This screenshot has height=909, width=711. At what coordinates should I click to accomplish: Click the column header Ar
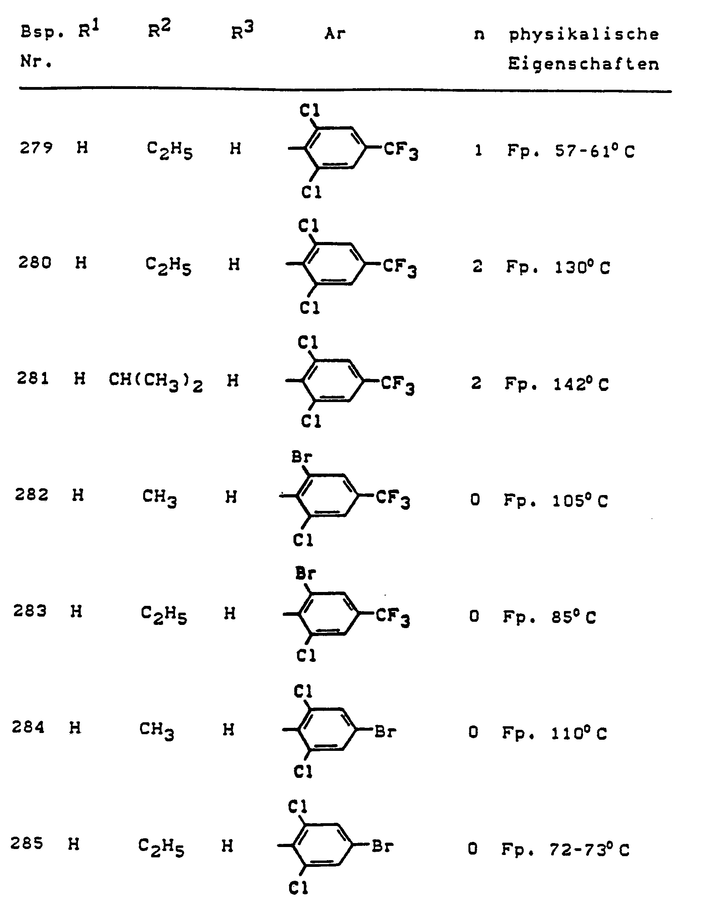[335, 33]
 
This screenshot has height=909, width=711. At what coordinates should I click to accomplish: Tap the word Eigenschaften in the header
[583, 64]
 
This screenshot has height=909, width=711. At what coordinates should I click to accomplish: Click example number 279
[36, 148]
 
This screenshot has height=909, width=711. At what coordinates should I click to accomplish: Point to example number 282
[32, 495]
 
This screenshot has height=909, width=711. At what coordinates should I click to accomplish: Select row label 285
[27, 843]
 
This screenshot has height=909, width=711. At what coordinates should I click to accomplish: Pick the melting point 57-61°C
[594, 151]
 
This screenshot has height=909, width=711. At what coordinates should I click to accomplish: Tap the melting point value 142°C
[581, 384]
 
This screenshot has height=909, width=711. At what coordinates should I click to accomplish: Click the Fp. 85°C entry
[550, 617]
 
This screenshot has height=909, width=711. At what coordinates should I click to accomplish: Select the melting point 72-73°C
[589, 849]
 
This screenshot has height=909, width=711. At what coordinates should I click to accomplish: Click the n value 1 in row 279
[478, 150]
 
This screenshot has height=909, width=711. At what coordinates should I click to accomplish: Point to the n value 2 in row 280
[477, 266]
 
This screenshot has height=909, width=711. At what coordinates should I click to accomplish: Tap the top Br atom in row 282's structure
[301, 457]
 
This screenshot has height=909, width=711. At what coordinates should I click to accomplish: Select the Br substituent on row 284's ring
[385, 731]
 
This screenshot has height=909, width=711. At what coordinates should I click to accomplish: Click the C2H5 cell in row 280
[168, 265]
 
